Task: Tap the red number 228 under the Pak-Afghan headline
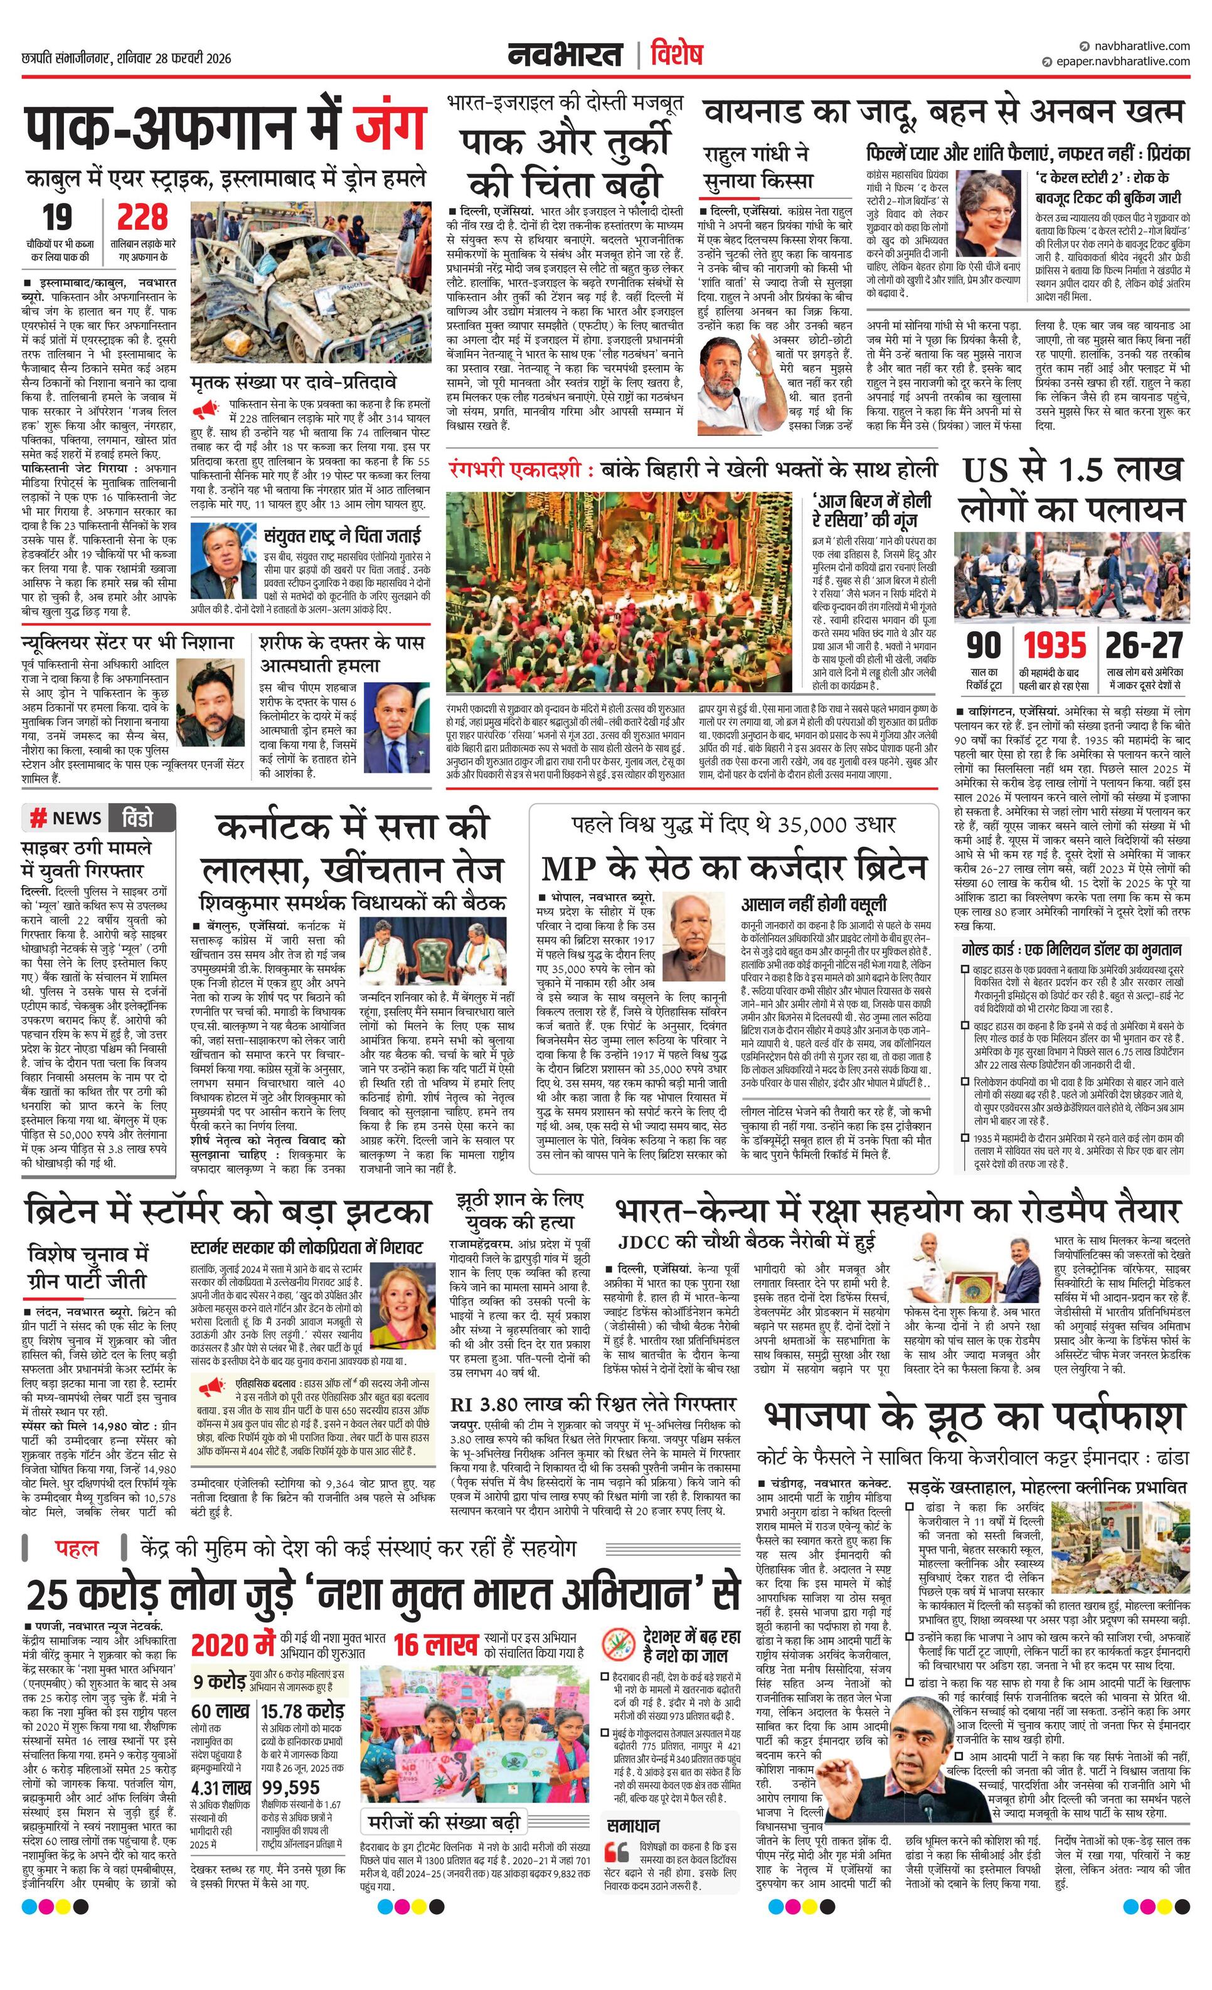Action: coord(142,218)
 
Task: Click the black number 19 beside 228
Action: coord(57,218)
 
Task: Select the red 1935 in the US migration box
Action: coord(1055,646)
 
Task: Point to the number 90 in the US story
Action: coord(984,646)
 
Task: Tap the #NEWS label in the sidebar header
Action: coord(67,818)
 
